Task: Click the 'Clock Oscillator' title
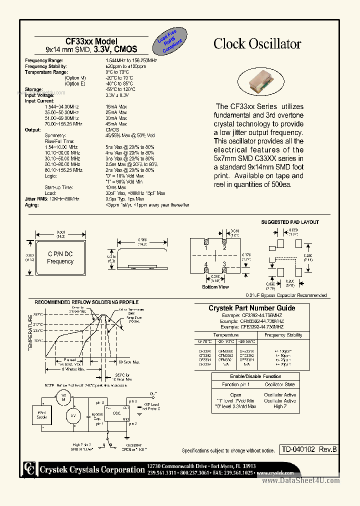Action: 257,44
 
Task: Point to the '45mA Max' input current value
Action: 116,123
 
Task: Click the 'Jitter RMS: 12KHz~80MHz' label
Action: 52,199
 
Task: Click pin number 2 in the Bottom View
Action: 224,247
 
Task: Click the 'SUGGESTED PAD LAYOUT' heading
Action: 290,222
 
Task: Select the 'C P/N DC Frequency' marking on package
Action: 60,257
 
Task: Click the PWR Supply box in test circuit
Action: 41,414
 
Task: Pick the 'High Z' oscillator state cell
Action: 280,406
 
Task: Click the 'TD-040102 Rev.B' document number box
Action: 308,449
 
